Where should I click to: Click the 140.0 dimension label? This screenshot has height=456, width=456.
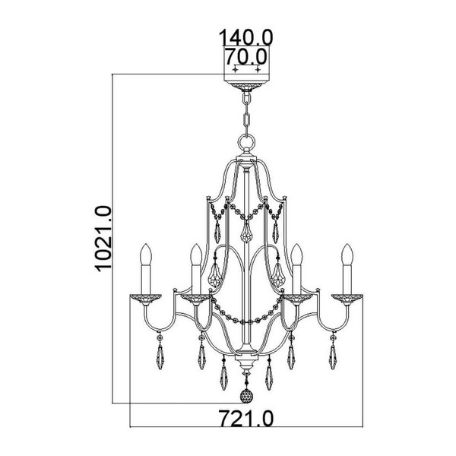pos(245,37)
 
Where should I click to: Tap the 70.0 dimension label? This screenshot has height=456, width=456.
pos(246,56)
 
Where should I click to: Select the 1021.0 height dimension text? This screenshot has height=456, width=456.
pos(103,239)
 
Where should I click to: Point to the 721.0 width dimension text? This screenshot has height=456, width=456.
pos(246,418)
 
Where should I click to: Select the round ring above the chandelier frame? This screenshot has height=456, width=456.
pos(246,143)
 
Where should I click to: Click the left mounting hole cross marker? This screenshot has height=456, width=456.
pos(235,69)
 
